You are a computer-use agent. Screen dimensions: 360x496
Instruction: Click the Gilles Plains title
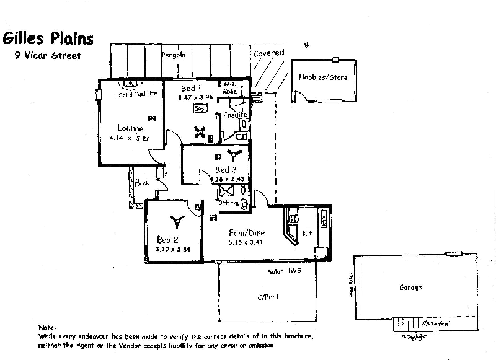pos(49,38)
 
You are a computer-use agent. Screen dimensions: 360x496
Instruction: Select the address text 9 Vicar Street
pos(47,54)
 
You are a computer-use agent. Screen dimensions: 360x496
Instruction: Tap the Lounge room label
pos(130,129)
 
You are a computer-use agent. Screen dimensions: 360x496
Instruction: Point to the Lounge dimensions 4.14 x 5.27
pos(130,139)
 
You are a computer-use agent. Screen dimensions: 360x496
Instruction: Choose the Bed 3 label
pos(226,169)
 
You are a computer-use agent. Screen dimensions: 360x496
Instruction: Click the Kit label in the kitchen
pos(307,234)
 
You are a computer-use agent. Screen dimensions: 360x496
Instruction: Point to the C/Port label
pos(268,297)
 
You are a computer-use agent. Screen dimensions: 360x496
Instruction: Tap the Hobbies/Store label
pos(323,77)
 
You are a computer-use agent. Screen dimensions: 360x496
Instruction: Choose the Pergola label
pos(174,55)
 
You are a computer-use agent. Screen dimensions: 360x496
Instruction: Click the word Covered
pos(268,53)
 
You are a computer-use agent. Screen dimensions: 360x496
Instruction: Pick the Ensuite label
pos(236,115)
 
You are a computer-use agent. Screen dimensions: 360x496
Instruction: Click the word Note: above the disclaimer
pos(47,327)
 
